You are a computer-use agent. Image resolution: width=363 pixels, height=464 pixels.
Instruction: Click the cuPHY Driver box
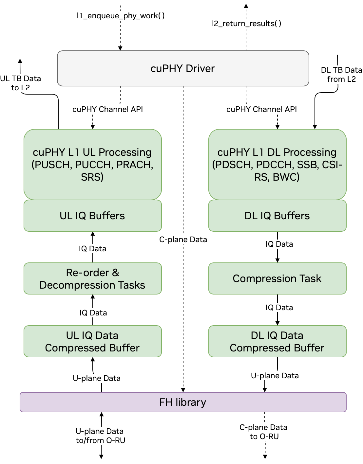(183, 68)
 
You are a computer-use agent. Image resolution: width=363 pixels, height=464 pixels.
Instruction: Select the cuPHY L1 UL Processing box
(92, 164)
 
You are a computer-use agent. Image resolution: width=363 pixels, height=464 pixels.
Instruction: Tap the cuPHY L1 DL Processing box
(277, 164)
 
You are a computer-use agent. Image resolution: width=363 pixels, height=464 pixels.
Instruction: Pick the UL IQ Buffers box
(92, 216)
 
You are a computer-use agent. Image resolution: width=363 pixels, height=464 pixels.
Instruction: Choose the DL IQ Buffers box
(277, 216)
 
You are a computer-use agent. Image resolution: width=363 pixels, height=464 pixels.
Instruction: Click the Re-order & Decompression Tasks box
(92, 278)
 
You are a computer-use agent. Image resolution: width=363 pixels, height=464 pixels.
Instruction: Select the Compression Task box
(277, 278)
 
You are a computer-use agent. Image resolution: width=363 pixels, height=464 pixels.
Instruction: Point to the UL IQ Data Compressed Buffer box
(92, 341)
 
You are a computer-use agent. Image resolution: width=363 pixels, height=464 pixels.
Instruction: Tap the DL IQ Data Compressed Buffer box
(277, 341)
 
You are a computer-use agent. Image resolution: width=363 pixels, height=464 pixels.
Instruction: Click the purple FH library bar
(183, 402)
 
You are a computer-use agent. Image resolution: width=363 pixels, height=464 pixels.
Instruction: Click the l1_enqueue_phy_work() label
(121, 16)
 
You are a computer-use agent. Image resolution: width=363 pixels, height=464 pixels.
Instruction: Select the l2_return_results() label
(247, 24)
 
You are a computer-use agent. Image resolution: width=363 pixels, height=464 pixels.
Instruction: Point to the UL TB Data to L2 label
(20, 83)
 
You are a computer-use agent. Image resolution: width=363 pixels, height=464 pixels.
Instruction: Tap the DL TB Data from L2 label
(341, 74)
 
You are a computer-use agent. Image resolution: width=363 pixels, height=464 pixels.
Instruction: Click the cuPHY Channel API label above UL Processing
(107, 109)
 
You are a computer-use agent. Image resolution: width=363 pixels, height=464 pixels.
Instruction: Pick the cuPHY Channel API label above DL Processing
(261, 109)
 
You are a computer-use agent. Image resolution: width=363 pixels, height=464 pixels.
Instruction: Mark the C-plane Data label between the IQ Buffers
(183, 240)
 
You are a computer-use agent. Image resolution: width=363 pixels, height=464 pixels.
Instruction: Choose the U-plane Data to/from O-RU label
(100, 436)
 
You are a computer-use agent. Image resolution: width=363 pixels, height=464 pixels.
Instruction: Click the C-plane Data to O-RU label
(264, 432)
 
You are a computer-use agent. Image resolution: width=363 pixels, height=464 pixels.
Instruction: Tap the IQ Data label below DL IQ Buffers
(279, 244)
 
